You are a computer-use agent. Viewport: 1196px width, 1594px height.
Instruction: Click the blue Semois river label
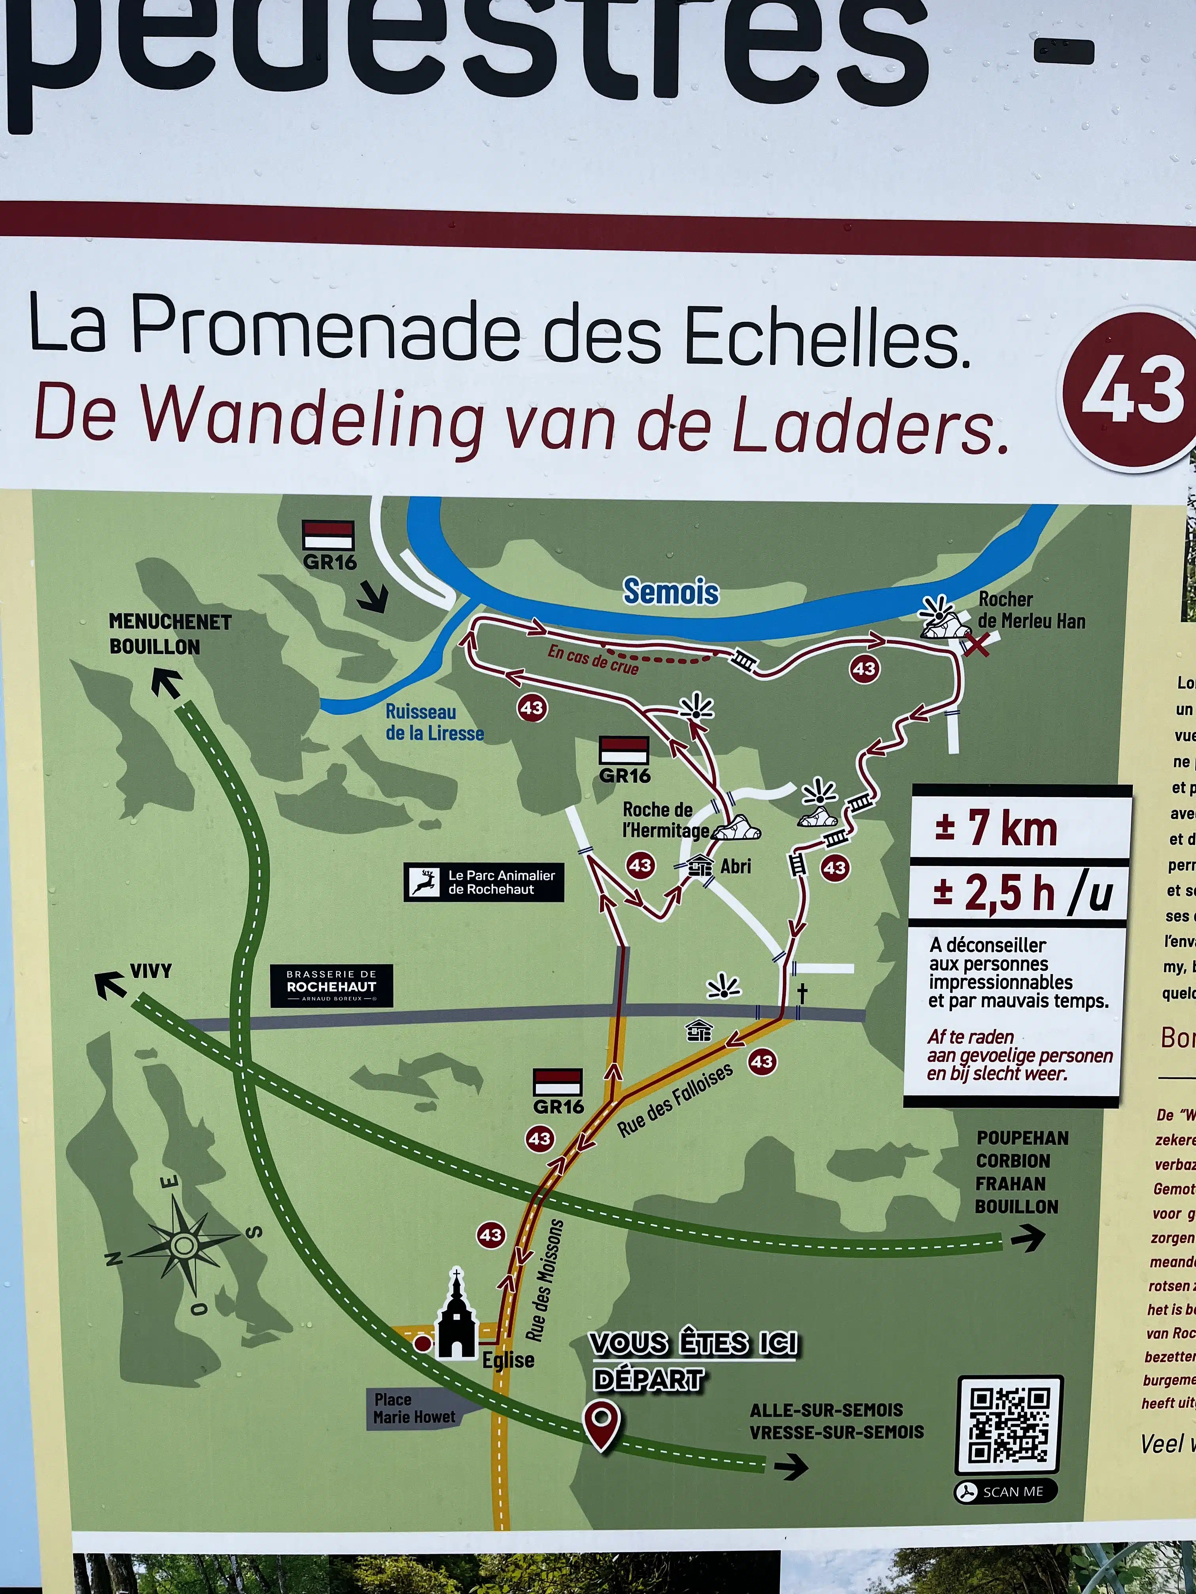click(670, 592)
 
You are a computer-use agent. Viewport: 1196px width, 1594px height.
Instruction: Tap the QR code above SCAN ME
click(1009, 1425)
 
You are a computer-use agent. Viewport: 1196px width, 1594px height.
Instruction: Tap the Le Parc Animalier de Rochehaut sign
click(484, 882)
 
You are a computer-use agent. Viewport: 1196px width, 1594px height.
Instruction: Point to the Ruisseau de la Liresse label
click(434, 722)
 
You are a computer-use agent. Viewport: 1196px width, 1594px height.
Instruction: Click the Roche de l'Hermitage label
click(665, 820)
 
